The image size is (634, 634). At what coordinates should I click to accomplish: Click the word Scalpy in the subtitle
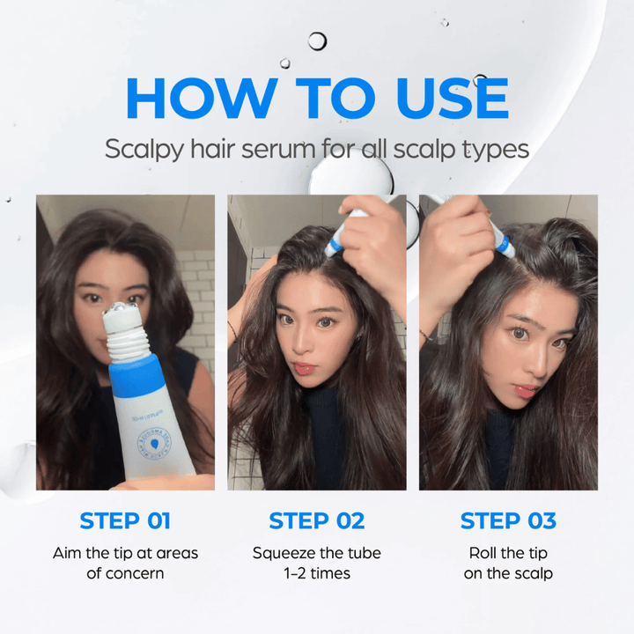[x=144, y=148]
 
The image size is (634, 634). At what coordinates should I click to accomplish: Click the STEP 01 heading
[x=125, y=520]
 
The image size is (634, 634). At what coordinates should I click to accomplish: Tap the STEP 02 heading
[x=317, y=520]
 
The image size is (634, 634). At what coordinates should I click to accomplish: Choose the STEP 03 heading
[x=508, y=520]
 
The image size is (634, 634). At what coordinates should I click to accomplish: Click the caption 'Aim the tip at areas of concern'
[x=125, y=563]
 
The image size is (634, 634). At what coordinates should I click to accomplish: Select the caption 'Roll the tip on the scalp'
[x=508, y=563]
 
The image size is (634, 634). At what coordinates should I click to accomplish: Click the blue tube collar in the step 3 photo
[x=503, y=243]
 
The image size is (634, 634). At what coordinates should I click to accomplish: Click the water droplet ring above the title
[x=317, y=41]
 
